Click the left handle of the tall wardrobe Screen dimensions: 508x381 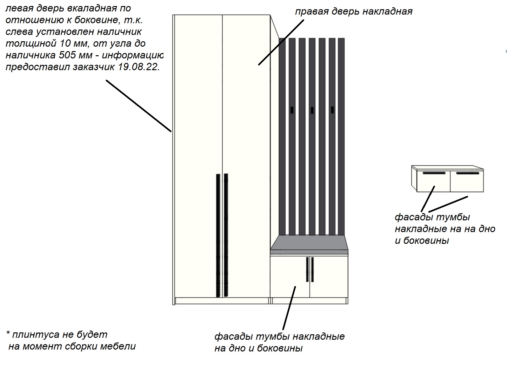tap(218, 236)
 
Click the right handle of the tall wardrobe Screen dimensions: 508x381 tap(226, 235)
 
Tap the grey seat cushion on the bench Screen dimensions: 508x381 tap(309, 245)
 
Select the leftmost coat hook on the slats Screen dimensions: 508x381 tap(292, 110)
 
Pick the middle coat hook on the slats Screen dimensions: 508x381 tap(312, 110)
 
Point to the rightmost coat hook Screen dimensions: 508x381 tap(332, 110)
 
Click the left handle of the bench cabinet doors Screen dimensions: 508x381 tap(307, 269)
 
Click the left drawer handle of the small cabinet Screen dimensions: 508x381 tap(434, 173)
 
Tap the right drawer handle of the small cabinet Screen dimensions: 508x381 tap(467, 173)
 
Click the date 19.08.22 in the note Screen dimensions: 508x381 tap(139, 67)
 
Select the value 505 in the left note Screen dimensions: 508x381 tap(67, 55)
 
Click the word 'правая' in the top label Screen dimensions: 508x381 tap(311, 11)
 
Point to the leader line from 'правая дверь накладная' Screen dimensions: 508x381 tap(281, 42)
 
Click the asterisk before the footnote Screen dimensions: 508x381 tap(8, 333)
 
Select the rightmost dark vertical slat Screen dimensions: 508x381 tap(341, 137)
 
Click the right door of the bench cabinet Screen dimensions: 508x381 tap(329, 277)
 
